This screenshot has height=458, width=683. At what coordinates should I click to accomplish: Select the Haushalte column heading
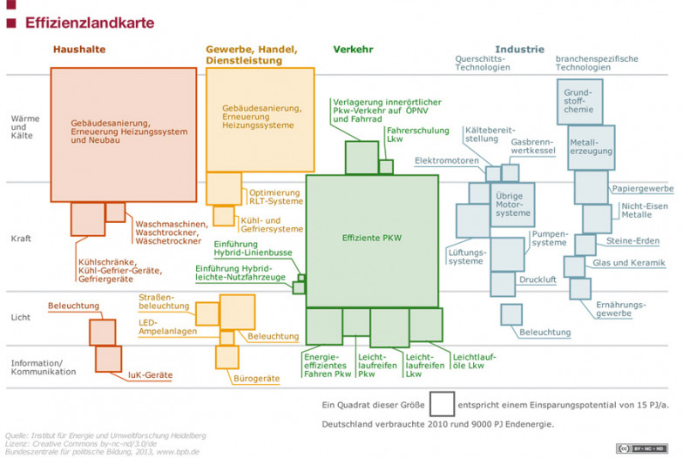78,50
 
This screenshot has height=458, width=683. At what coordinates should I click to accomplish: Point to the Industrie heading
519,50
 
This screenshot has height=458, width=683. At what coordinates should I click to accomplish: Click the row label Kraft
22,239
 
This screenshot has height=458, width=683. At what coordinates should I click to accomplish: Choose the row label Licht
21,318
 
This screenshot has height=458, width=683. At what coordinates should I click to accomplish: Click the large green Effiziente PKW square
372,239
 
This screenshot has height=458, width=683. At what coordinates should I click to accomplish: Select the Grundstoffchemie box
578,101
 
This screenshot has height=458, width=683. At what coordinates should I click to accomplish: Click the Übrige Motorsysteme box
511,206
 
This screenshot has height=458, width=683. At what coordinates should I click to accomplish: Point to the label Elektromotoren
446,161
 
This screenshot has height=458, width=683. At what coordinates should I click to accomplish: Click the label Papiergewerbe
642,189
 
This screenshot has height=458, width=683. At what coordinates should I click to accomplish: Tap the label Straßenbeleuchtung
164,301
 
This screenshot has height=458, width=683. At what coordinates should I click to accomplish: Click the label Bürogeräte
256,379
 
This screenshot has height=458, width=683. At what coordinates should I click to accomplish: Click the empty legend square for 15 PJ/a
442,404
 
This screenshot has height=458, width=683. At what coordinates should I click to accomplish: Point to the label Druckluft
537,280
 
